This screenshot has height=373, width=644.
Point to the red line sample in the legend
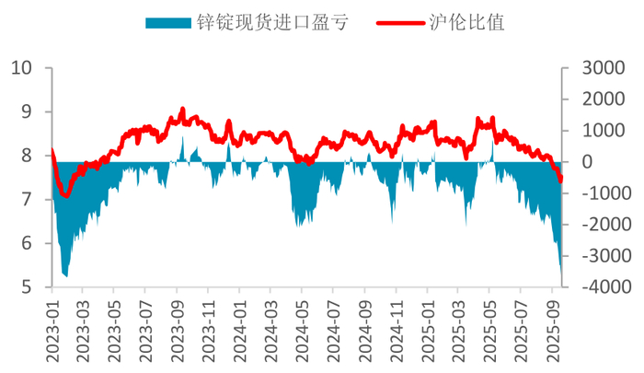pos(397,22)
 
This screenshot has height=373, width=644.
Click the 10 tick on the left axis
pos(21,67)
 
